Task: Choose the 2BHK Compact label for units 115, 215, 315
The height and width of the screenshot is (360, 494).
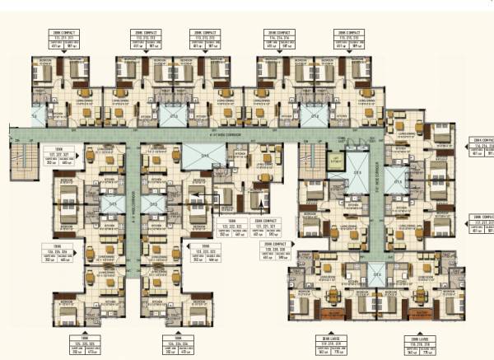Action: pyautogui.click(x=350, y=40)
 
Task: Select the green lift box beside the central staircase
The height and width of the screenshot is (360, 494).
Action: pyautogui.click(x=336, y=161)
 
